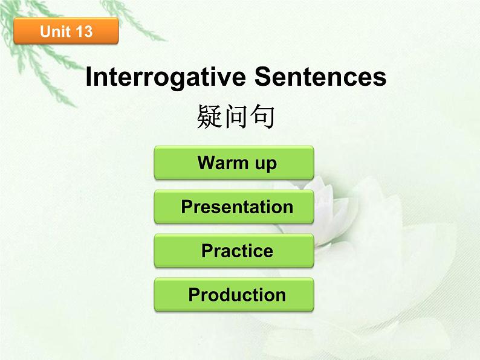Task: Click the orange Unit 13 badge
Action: tap(66, 31)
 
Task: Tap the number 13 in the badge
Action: tap(84, 31)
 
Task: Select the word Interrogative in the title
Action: tap(166, 78)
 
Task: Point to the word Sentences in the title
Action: tap(320, 77)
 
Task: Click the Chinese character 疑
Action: tap(210, 117)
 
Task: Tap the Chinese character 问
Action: tap(236, 117)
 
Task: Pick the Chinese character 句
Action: tap(262, 117)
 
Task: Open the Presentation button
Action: tap(234, 207)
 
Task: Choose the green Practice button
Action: tap(234, 251)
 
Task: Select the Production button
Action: tap(234, 295)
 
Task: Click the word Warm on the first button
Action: tap(222, 162)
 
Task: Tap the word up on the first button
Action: tap(266, 164)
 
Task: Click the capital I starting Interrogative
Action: tap(89, 77)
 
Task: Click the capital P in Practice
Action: tap(207, 251)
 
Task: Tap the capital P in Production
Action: tap(195, 295)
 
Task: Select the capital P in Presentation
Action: tap(187, 207)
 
